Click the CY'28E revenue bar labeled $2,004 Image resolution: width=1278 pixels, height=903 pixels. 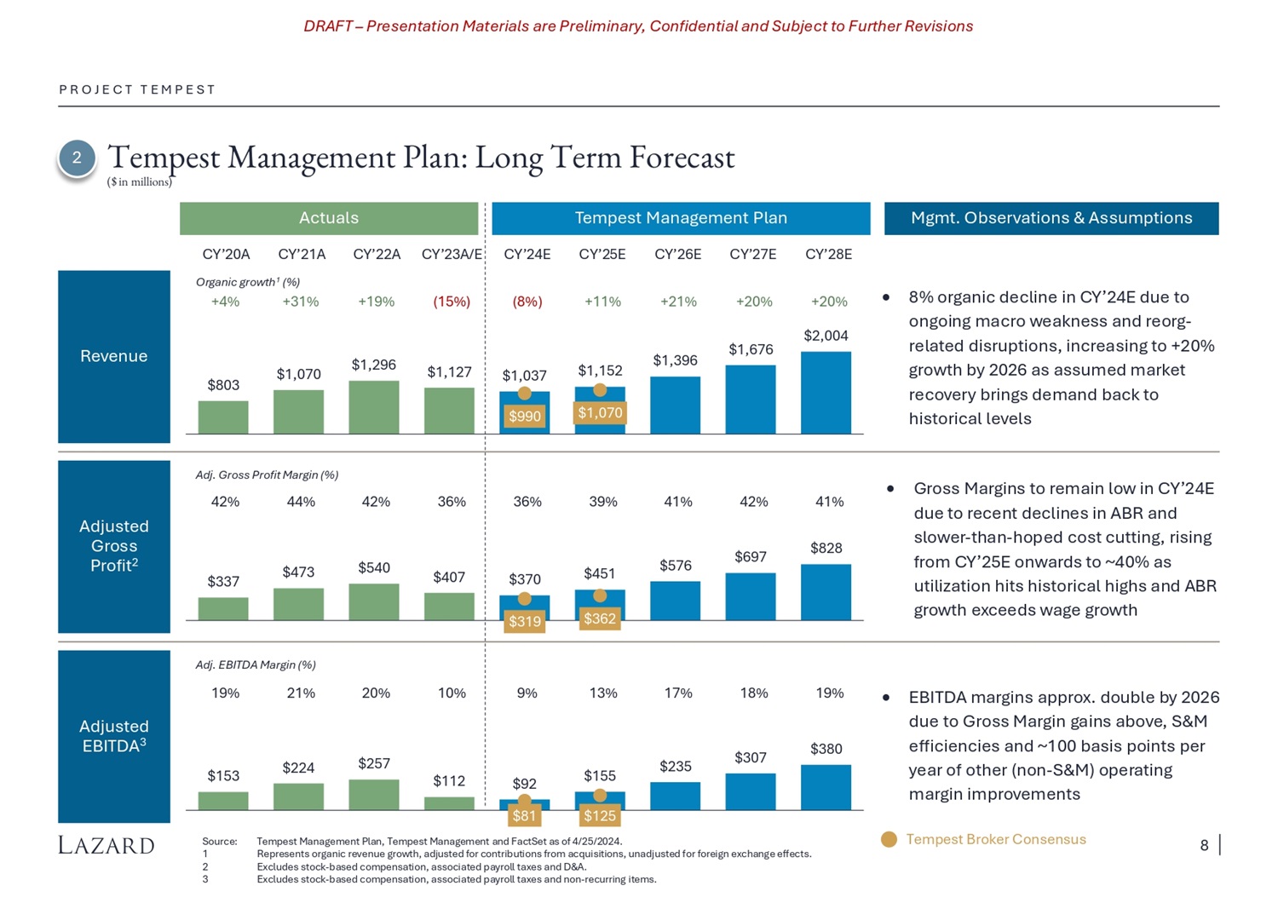click(x=826, y=393)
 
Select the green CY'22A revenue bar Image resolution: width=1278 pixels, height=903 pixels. click(x=374, y=407)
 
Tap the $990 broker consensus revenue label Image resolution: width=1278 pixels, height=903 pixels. click(x=525, y=416)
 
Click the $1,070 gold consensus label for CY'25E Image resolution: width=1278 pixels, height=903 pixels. click(x=600, y=413)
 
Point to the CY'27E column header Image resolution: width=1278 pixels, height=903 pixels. click(x=753, y=254)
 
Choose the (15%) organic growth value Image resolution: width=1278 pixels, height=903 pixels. click(x=452, y=302)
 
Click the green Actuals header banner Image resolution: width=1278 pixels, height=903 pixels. click(x=329, y=218)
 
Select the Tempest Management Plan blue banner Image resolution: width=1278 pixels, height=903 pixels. click(x=681, y=218)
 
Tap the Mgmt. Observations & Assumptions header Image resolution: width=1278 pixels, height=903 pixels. click(x=1051, y=218)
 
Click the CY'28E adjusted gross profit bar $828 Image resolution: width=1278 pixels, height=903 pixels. click(x=826, y=592)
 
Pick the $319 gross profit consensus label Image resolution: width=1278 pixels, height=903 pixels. click(x=525, y=621)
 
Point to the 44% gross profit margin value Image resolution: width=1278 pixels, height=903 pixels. click(x=301, y=502)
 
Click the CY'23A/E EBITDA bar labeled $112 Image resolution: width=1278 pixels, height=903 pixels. click(x=449, y=803)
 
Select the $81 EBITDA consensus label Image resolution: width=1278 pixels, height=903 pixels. click(x=524, y=816)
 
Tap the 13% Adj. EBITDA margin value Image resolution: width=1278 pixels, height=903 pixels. click(x=602, y=693)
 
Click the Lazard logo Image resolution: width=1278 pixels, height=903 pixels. click(x=106, y=845)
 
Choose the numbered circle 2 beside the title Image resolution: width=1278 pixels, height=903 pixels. click(x=77, y=158)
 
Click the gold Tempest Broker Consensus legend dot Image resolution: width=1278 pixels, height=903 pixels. click(x=889, y=840)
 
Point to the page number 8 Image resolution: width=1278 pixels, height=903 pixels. click(x=1204, y=845)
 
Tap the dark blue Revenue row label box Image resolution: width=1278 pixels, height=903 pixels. click(x=114, y=356)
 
